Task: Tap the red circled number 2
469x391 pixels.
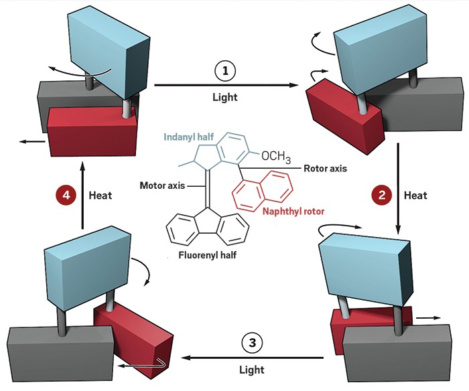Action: click(x=381, y=195)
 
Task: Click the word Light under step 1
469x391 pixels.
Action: click(x=224, y=97)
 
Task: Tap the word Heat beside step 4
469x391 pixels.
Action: click(x=101, y=196)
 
